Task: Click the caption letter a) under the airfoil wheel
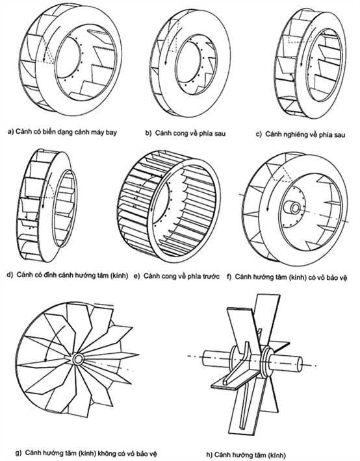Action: (11, 131)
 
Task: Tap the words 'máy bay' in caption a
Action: (106, 132)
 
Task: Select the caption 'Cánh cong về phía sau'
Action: (190, 133)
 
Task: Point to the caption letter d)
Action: (10, 275)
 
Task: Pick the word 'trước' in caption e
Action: (210, 277)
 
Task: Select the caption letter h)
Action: (209, 455)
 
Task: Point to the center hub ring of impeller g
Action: (79, 359)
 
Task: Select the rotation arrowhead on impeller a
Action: (45, 58)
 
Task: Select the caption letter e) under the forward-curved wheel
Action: (137, 277)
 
